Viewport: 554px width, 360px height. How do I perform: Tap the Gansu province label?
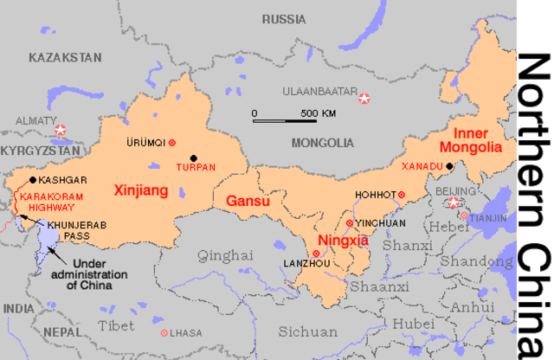click(x=248, y=201)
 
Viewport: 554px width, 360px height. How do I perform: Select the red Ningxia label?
click(x=345, y=241)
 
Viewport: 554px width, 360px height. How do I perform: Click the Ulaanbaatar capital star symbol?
click(x=364, y=99)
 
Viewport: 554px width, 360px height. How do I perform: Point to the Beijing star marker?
click(x=454, y=203)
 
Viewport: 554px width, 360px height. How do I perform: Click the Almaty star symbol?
click(x=60, y=131)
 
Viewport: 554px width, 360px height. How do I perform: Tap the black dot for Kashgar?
click(x=33, y=180)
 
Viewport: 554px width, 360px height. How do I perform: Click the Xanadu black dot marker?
click(x=450, y=165)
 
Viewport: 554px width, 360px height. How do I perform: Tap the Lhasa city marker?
click(x=164, y=332)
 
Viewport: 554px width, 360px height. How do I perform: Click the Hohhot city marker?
click(x=401, y=195)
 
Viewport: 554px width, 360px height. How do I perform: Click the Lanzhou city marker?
click(x=316, y=254)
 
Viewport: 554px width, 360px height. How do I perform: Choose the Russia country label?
click(x=284, y=18)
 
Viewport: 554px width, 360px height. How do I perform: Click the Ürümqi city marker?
click(x=172, y=142)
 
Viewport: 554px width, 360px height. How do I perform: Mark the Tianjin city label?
click(x=487, y=219)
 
